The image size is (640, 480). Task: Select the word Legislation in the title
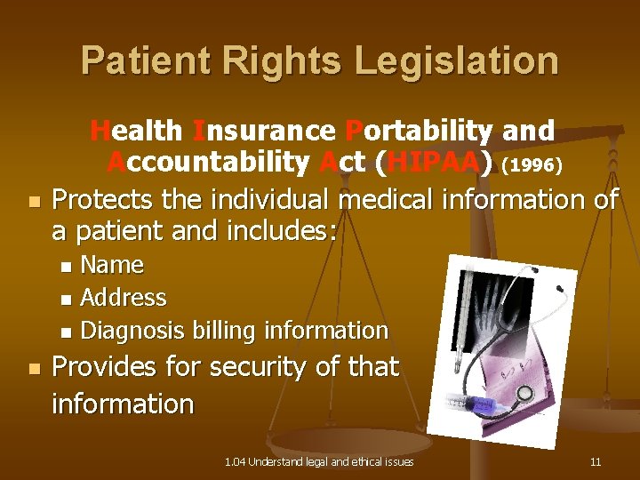coord(457,61)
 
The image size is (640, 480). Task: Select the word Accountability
coord(208,163)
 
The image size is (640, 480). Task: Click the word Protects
coord(109,199)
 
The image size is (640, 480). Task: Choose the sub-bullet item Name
coord(112,265)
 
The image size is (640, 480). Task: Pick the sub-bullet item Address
coord(124,297)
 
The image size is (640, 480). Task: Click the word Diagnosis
coord(134,331)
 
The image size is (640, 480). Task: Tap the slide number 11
coord(595,462)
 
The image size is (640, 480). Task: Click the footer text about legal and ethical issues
coord(319,462)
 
